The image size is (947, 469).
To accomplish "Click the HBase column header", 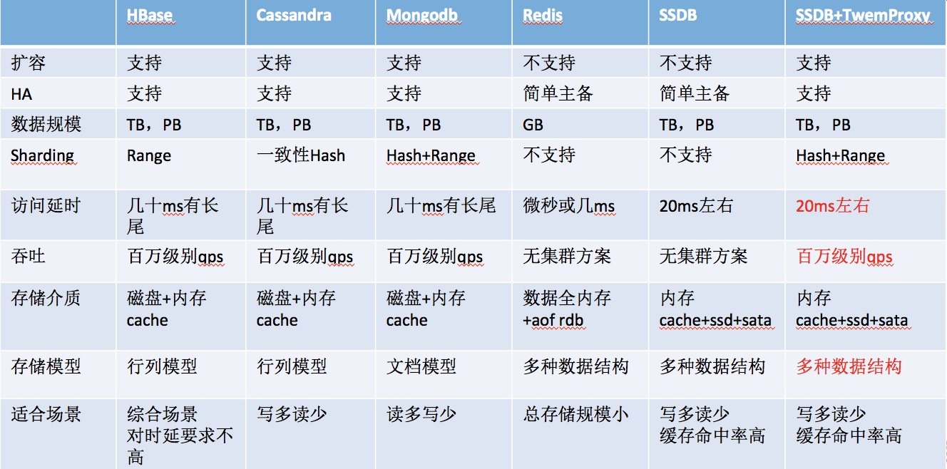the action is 150,15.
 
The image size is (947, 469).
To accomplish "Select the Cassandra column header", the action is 294,15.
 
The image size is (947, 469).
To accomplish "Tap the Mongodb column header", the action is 422,15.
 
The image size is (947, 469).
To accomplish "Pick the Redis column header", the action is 543,15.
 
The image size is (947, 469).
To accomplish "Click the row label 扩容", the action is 29,63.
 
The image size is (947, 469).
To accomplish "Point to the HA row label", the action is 21,94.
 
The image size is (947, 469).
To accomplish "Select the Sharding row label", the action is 42,155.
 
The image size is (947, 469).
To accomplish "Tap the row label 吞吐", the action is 29,256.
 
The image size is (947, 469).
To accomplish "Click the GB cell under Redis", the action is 533,125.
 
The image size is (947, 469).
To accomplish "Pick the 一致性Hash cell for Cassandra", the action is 301,155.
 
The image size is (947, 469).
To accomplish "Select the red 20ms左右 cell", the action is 832,206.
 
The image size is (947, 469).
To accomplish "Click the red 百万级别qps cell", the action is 844,256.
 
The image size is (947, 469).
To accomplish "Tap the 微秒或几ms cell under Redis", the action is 568,206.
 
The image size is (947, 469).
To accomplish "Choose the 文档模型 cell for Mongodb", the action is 421,366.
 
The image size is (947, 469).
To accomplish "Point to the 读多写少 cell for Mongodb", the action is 421,414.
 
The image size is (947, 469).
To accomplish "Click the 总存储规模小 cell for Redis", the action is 575,414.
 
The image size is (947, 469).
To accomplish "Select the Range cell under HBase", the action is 149,156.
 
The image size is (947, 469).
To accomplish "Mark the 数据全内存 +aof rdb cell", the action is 566,309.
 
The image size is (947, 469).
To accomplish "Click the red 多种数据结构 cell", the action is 849,366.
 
